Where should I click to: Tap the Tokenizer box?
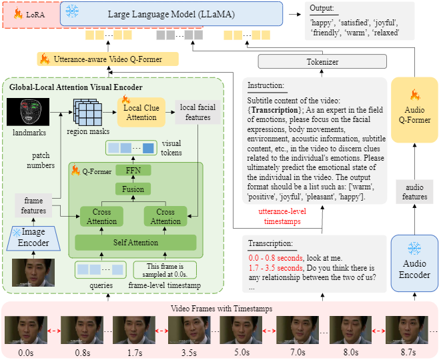[x=323, y=62]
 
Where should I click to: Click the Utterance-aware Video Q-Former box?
[x=107, y=59]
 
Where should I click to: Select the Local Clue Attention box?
[x=140, y=112]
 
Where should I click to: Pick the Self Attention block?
[x=135, y=242]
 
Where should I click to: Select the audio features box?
[x=414, y=192]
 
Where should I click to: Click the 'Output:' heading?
[x=323, y=9]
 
